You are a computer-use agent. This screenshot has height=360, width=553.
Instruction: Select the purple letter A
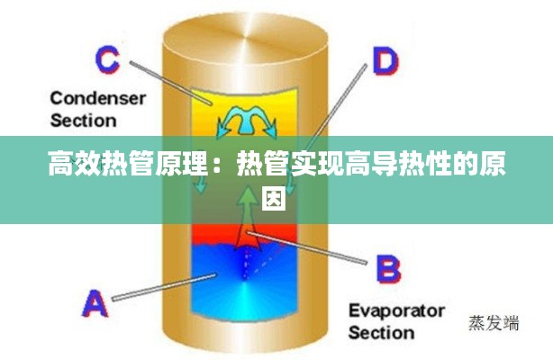click(95, 303)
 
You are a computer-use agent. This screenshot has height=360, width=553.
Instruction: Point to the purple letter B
click(386, 269)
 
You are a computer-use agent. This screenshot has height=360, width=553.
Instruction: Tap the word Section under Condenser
click(83, 120)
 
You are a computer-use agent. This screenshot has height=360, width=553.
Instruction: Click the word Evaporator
click(396, 311)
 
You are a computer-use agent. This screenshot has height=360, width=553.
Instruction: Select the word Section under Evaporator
click(381, 333)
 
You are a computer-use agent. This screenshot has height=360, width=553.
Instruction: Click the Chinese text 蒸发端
click(494, 323)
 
